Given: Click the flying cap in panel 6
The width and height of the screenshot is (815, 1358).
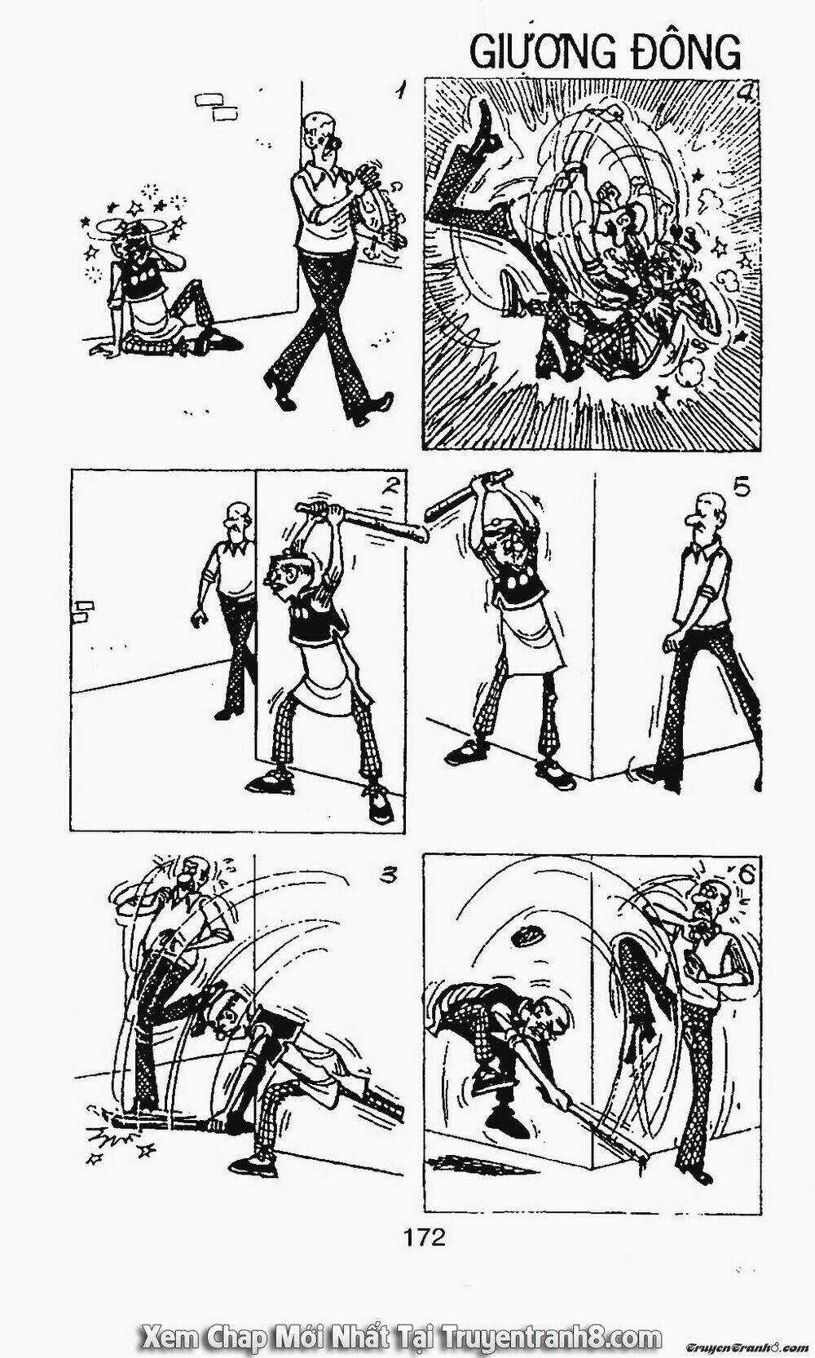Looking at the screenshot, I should [527, 936].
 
